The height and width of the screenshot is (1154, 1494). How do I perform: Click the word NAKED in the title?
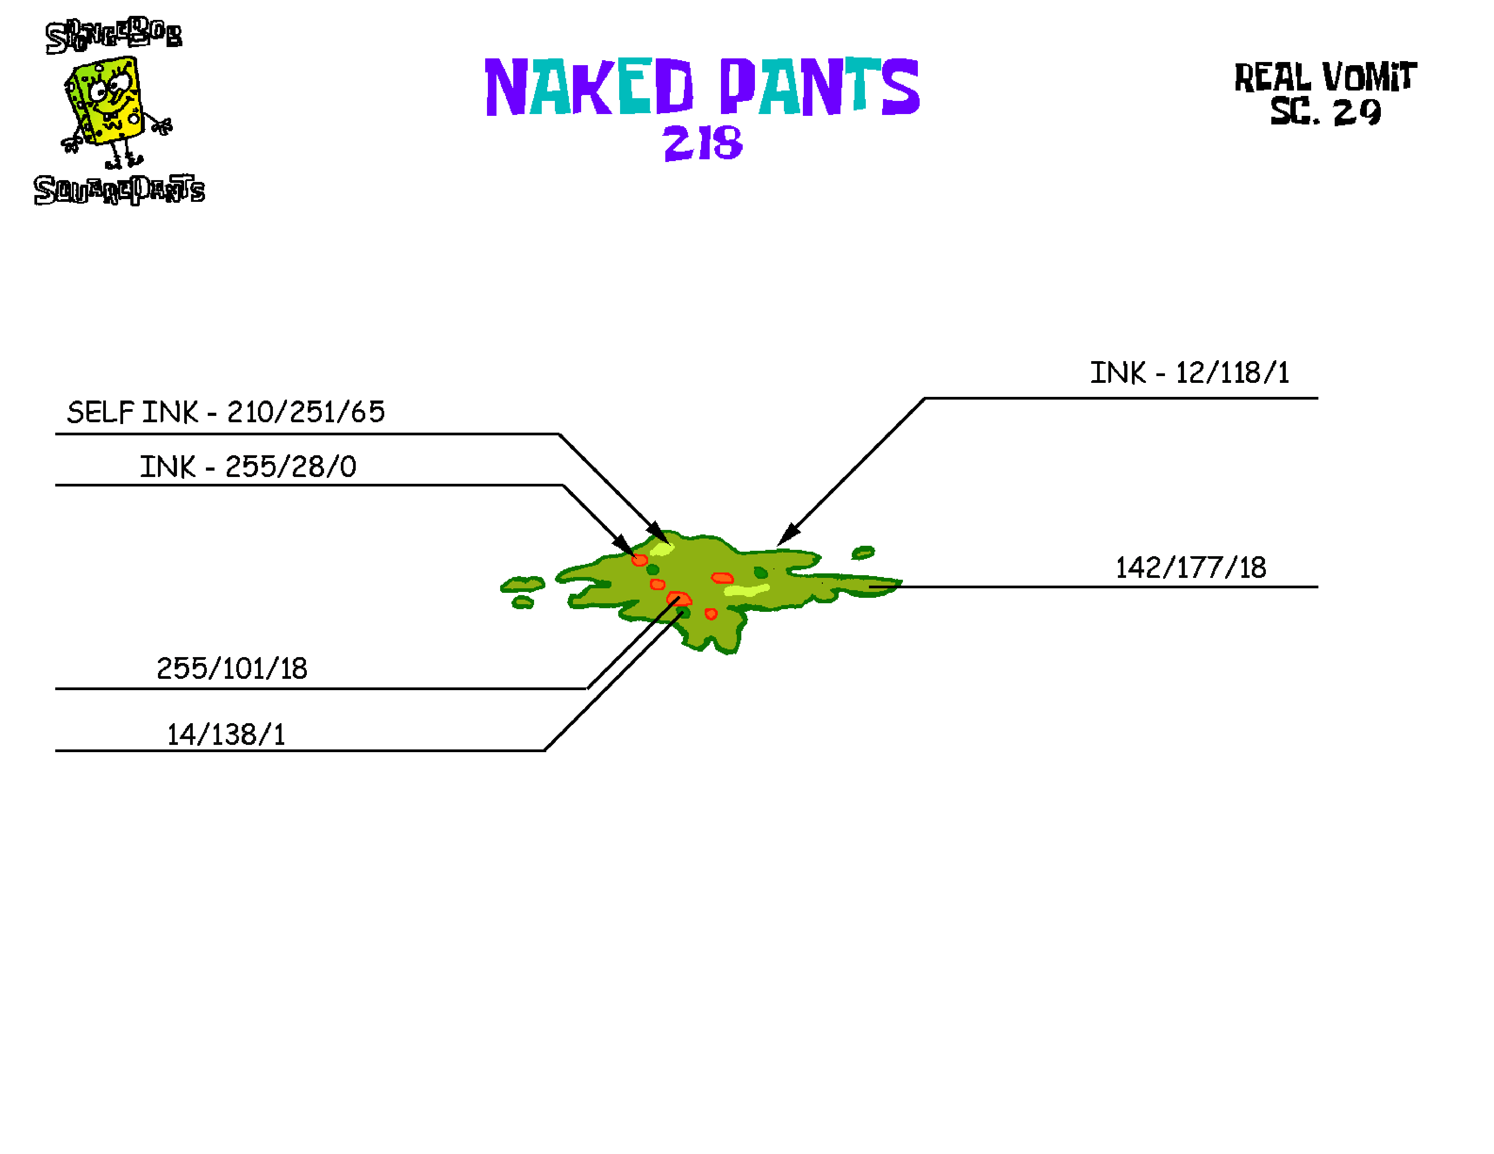588,87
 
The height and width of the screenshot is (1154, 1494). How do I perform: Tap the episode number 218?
702,143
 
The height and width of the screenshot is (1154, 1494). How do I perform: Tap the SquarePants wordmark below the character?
119,190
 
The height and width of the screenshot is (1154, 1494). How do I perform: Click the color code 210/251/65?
306,412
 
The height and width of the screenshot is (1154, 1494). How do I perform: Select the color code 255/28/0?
291,467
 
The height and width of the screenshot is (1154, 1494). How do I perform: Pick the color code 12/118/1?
1232,373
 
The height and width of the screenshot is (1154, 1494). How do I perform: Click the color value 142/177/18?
1190,568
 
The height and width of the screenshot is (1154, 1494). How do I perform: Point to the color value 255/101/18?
232,669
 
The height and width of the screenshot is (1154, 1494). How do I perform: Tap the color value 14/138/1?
226,734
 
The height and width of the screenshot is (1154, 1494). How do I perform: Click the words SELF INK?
132,412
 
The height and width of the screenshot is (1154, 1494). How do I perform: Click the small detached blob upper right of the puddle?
863,552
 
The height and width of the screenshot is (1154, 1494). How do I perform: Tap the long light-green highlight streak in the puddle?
746,590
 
